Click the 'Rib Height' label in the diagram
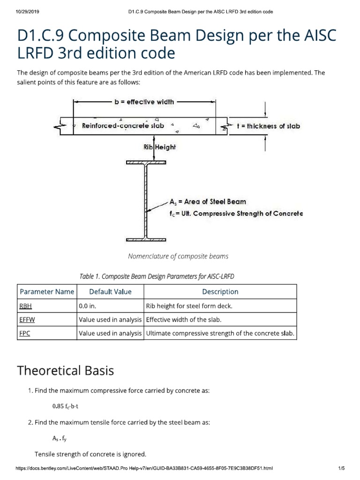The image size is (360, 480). pyautogui.click(x=159, y=147)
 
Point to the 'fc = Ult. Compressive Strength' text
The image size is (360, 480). pyautogui.click(x=236, y=213)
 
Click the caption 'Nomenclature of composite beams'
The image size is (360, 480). pyautogui.click(x=178, y=256)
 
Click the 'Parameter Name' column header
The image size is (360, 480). pyautogui.click(x=47, y=292)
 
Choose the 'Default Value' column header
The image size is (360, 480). pyautogui.click(x=110, y=292)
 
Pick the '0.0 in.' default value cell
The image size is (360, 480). pyautogui.click(x=89, y=306)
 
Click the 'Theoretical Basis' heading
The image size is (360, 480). pyautogui.click(x=66, y=371)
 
